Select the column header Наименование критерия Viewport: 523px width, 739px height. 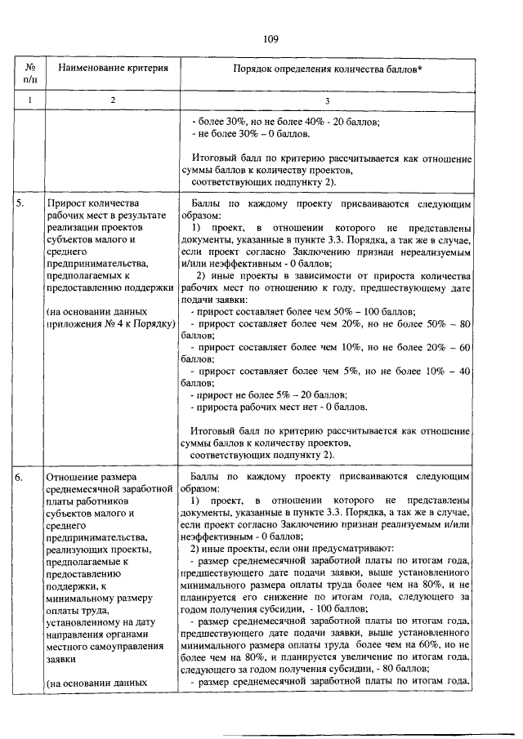tap(113, 69)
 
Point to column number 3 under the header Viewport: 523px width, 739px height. tap(327, 100)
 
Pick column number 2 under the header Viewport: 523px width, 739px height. tap(113, 100)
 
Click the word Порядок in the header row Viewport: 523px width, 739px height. tap(256, 69)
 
